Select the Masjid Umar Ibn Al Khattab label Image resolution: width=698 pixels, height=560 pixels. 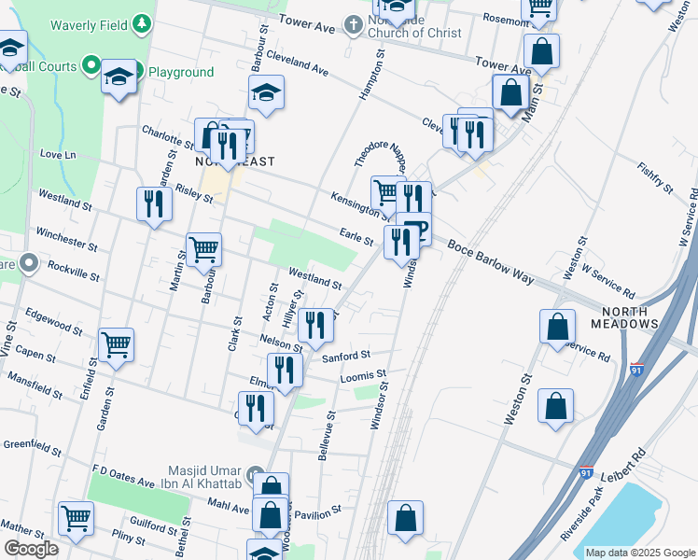[x=202, y=480]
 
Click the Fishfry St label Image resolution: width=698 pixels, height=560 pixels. [x=654, y=176]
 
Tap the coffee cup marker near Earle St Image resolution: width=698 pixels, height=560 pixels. [x=415, y=228]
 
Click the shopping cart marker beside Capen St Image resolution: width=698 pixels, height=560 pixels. [x=116, y=344]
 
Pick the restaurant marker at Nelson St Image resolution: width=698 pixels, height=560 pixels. [x=317, y=324]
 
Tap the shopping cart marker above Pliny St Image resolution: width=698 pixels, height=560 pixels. [x=76, y=517]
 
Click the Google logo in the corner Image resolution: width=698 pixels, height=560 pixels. [x=30, y=549]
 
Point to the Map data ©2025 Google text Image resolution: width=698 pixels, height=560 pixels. [x=639, y=553]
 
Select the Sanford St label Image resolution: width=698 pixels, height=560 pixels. [x=346, y=357]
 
